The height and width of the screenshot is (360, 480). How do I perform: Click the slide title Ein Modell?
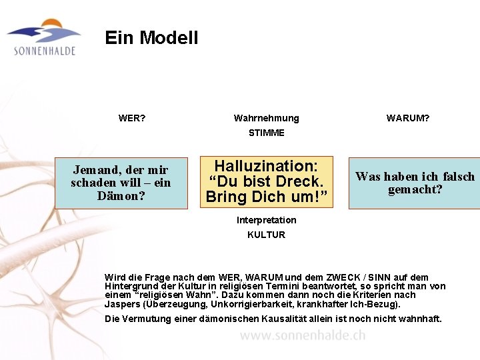(x=151, y=38)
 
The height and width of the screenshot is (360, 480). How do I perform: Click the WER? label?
(x=132, y=118)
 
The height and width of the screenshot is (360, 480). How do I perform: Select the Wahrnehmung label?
(x=266, y=118)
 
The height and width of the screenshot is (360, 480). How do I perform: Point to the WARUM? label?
(x=408, y=118)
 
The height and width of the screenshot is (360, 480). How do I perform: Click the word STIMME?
(x=266, y=133)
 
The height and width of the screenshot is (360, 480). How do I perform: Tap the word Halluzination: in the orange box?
(x=265, y=166)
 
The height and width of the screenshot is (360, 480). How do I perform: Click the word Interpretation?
(x=266, y=220)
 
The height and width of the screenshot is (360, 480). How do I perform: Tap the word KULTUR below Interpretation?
(x=266, y=235)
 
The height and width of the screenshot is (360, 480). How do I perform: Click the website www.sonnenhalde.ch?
(x=303, y=336)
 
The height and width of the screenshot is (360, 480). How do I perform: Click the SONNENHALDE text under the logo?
(x=45, y=51)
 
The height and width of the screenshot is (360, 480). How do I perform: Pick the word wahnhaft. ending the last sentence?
(x=421, y=319)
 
